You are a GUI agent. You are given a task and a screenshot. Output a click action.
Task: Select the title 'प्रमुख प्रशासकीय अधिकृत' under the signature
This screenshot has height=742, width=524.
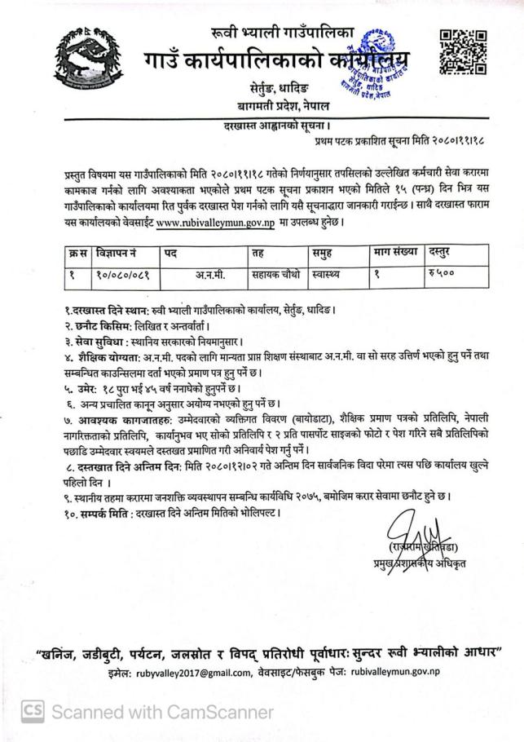click(421, 564)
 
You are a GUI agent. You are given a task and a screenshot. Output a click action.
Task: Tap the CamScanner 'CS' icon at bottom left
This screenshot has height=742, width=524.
click(32, 712)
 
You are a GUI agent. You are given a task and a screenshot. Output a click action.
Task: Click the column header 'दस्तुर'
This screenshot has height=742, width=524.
click(443, 253)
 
